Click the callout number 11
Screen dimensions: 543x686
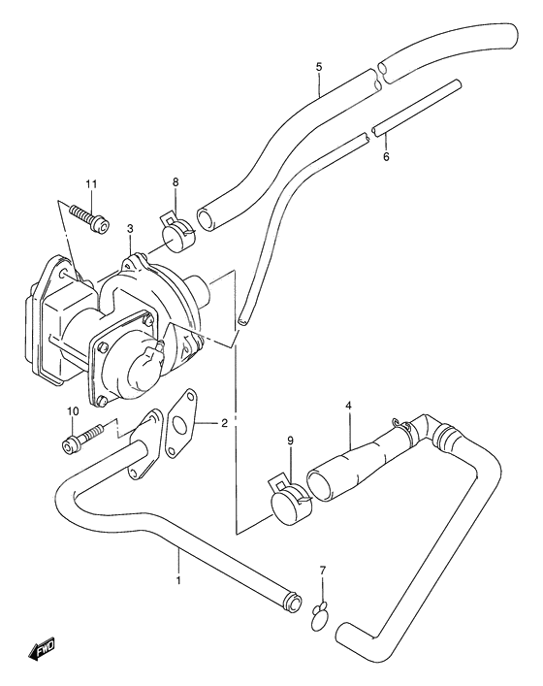click(x=91, y=184)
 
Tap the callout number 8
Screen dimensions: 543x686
click(x=176, y=182)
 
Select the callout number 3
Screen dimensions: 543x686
click(x=130, y=229)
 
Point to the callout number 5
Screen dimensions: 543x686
click(x=319, y=67)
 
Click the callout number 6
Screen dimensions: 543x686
click(x=386, y=156)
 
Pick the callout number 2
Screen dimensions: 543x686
click(x=224, y=423)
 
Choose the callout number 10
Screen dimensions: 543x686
click(x=73, y=411)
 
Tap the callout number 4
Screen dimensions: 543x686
click(x=348, y=406)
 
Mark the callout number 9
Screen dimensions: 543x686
click(x=291, y=441)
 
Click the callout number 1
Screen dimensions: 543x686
click(x=178, y=580)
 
